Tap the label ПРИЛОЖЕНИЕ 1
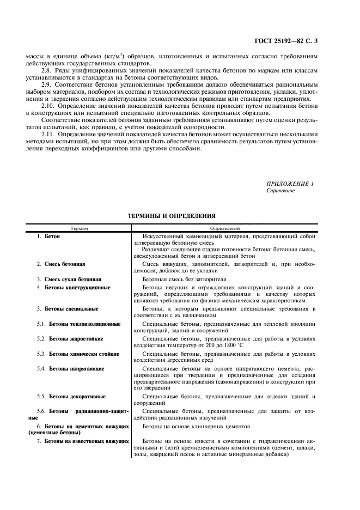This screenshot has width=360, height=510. tap(290, 184)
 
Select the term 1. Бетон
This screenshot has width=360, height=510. tap(48, 237)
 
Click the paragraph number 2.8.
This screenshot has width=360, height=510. tap(46, 71)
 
